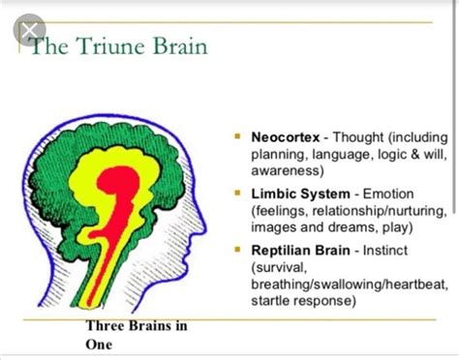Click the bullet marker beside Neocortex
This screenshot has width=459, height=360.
pos(238,136)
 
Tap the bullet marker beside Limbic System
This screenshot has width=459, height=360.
pos(238,193)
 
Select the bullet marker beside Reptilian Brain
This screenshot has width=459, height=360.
pos(238,250)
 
